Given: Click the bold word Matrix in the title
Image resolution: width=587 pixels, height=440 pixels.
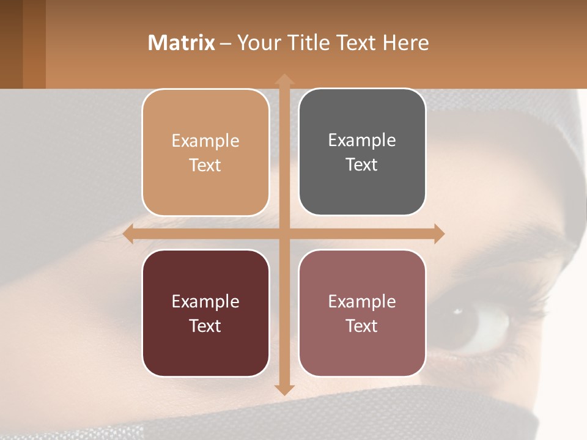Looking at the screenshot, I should click(181, 43).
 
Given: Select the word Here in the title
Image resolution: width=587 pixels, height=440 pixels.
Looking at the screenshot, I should click(405, 43).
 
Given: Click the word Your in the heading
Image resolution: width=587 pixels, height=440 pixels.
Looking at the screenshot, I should click(256, 43).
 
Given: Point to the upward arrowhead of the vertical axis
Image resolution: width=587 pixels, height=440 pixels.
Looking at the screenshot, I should click(284, 79).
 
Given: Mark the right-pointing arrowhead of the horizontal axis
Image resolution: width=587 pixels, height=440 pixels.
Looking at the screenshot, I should click(438, 233).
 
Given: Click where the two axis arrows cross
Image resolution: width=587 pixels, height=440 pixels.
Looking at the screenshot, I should click(284, 233).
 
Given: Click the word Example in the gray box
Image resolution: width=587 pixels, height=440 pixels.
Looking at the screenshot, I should click(362, 140).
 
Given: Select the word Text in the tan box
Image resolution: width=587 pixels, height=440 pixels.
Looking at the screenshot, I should click(205, 165).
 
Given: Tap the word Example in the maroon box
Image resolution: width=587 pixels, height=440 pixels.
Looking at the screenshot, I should click(205, 301).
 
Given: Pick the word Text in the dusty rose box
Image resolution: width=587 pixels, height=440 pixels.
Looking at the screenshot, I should click(362, 326).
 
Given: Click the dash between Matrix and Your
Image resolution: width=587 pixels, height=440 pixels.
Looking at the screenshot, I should click(226, 43).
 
